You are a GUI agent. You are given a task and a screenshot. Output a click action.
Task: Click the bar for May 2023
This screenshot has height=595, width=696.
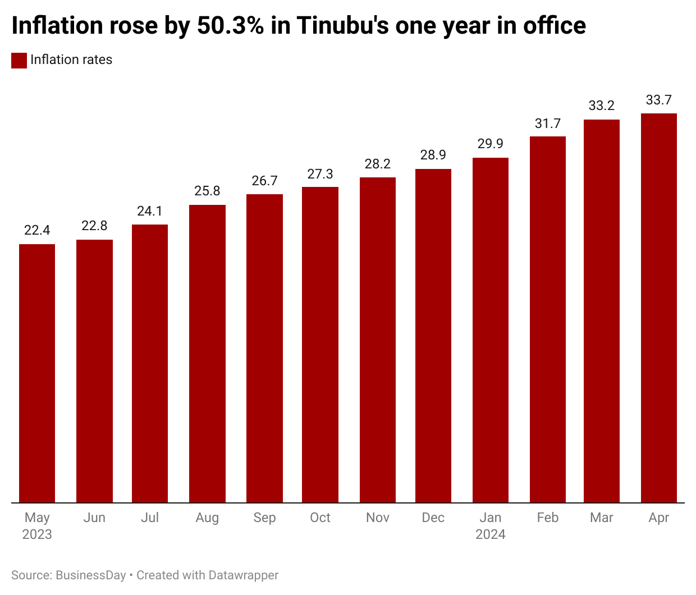pos(37,373)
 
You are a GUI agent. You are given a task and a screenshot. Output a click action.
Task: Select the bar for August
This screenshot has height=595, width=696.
pos(207,354)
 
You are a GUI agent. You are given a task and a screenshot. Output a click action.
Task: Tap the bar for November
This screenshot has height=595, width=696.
pos(378,340)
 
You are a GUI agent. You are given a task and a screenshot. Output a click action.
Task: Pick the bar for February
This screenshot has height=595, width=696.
pos(548,319)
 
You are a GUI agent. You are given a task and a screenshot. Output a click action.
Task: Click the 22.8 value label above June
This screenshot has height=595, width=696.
pos(94,226)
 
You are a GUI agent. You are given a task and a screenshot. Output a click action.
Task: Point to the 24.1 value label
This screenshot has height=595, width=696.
pos(150,211)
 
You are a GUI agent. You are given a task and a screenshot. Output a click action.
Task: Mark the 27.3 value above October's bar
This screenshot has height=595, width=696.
pos(320,174)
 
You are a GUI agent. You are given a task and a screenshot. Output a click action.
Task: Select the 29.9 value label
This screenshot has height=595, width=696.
pos(491,144)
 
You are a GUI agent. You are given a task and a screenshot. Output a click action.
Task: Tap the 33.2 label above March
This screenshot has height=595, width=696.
pos(602,106)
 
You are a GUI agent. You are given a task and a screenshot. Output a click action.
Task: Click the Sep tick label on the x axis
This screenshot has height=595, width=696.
pos(264,518)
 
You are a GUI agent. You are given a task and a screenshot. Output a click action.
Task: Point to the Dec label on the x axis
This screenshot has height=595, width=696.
pos(433,518)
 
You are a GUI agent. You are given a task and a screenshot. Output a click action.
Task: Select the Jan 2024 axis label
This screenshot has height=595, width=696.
pos(491,526)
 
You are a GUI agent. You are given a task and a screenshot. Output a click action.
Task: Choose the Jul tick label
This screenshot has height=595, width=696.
pos(150,518)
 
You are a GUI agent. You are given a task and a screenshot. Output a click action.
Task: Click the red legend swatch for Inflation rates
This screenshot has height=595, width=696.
pos(19,61)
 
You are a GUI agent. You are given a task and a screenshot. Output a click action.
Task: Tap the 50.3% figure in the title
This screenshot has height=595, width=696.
pos(231,26)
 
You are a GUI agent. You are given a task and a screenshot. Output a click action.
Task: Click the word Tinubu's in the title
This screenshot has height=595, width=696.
pos(343,26)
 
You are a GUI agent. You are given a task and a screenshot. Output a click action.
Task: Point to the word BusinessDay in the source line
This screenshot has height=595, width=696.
pos(91,575)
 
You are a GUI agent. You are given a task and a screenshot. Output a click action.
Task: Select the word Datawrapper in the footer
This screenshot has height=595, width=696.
pos(243,575)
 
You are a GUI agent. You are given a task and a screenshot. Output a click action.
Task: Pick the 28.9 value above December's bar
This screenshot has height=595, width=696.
pos(433,155)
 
